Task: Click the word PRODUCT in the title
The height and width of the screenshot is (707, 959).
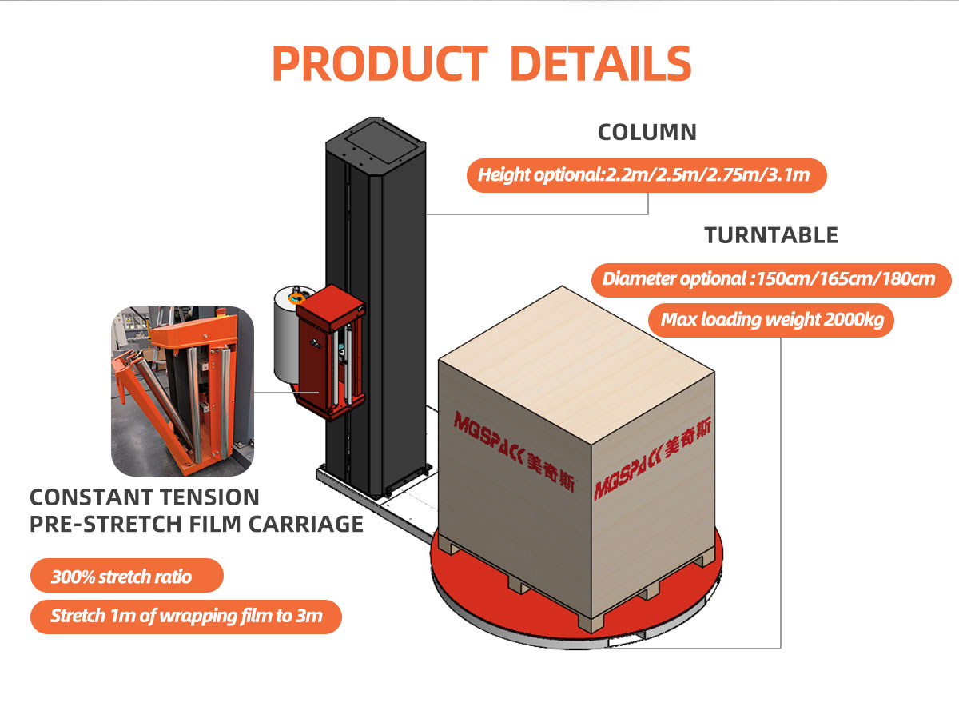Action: click(379, 62)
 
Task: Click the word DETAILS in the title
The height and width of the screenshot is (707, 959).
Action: click(600, 62)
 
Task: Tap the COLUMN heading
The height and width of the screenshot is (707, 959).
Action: click(647, 132)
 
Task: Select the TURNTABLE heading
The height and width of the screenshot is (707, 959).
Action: click(770, 235)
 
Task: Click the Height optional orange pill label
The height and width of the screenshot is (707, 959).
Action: click(646, 174)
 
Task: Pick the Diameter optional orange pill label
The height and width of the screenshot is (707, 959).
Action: click(771, 279)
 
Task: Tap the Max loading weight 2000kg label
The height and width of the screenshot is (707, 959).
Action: click(771, 321)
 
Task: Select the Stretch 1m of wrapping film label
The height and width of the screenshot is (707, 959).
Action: click(186, 617)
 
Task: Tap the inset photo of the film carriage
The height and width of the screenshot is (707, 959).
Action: click(182, 391)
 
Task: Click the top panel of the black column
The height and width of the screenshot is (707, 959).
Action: click(376, 138)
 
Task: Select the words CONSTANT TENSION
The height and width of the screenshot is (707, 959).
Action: click(145, 497)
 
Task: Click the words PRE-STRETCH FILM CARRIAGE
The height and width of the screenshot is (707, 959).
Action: click(196, 524)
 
